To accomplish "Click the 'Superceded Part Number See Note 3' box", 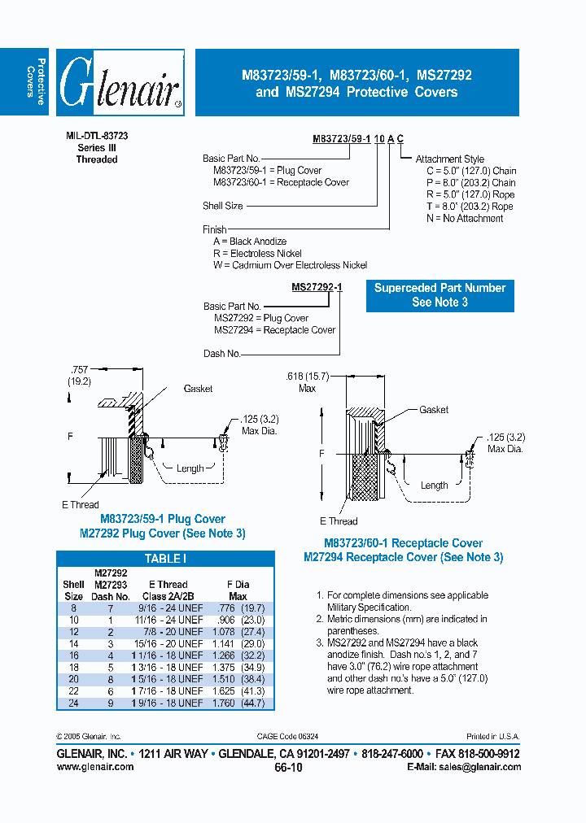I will [439, 295].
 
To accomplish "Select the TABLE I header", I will [165, 559].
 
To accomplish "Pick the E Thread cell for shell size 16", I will [171, 655].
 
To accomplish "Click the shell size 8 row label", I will [73, 607].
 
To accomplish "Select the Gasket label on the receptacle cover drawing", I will [433, 410].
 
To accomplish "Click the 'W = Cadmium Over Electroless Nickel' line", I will [290, 265].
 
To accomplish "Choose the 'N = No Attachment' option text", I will [465, 218].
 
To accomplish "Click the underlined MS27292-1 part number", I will [317, 287].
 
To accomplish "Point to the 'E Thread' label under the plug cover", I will [81, 504].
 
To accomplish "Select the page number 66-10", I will [288, 767].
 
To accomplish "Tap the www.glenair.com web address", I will [95, 766].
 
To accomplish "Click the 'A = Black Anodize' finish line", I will [250, 242].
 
